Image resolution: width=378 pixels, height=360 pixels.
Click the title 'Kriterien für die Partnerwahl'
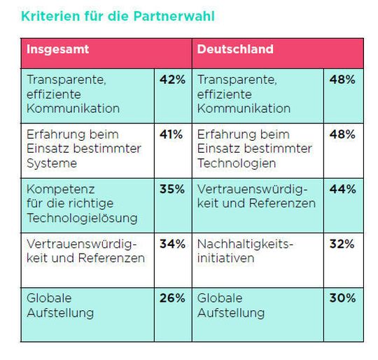pyautogui.click(x=118, y=15)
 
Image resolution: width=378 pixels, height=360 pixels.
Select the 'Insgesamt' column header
pyautogui.click(x=58, y=50)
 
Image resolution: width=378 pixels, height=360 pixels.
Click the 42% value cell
pyautogui.click(x=172, y=80)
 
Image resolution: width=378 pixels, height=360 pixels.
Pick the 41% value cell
pyautogui.click(x=172, y=134)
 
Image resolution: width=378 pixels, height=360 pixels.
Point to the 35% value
pyautogui.click(x=172, y=189)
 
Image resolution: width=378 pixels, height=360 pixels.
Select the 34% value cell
pyautogui.click(x=172, y=244)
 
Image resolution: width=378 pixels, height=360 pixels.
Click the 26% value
pyautogui.click(x=172, y=298)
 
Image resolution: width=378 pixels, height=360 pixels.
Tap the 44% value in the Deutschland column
pyautogui.click(x=342, y=189)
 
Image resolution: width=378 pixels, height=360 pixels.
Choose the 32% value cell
pyautogui.click(x=342, y=244)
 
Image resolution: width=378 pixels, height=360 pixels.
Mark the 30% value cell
pyautogui.click(x=342, y=298)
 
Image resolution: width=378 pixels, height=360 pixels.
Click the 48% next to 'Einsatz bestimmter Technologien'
pyautogui.click(x=342, y=134)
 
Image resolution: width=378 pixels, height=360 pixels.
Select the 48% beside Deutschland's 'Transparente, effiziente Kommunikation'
pyautogui.click(x=342, y=80)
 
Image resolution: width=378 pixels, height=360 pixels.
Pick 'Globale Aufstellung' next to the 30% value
pyautogui.click(x=231, y=305)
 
